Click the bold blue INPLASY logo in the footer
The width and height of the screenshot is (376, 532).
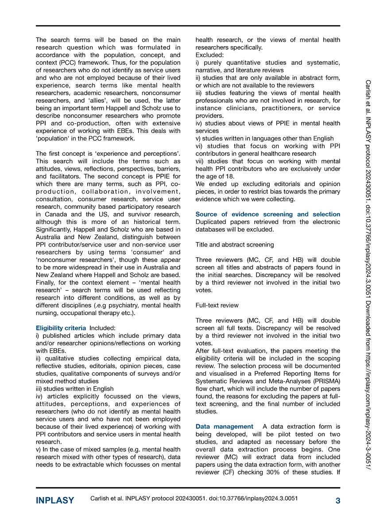point(55,501)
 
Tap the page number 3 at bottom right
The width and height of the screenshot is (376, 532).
point(337,501)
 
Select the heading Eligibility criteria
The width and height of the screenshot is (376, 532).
point(61,328)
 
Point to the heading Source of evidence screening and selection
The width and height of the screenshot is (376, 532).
point(267,214)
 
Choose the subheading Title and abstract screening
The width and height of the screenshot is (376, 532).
point(234,244)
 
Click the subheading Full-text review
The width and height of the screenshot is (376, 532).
point(217,305)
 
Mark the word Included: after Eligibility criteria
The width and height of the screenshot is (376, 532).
point(102,328)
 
